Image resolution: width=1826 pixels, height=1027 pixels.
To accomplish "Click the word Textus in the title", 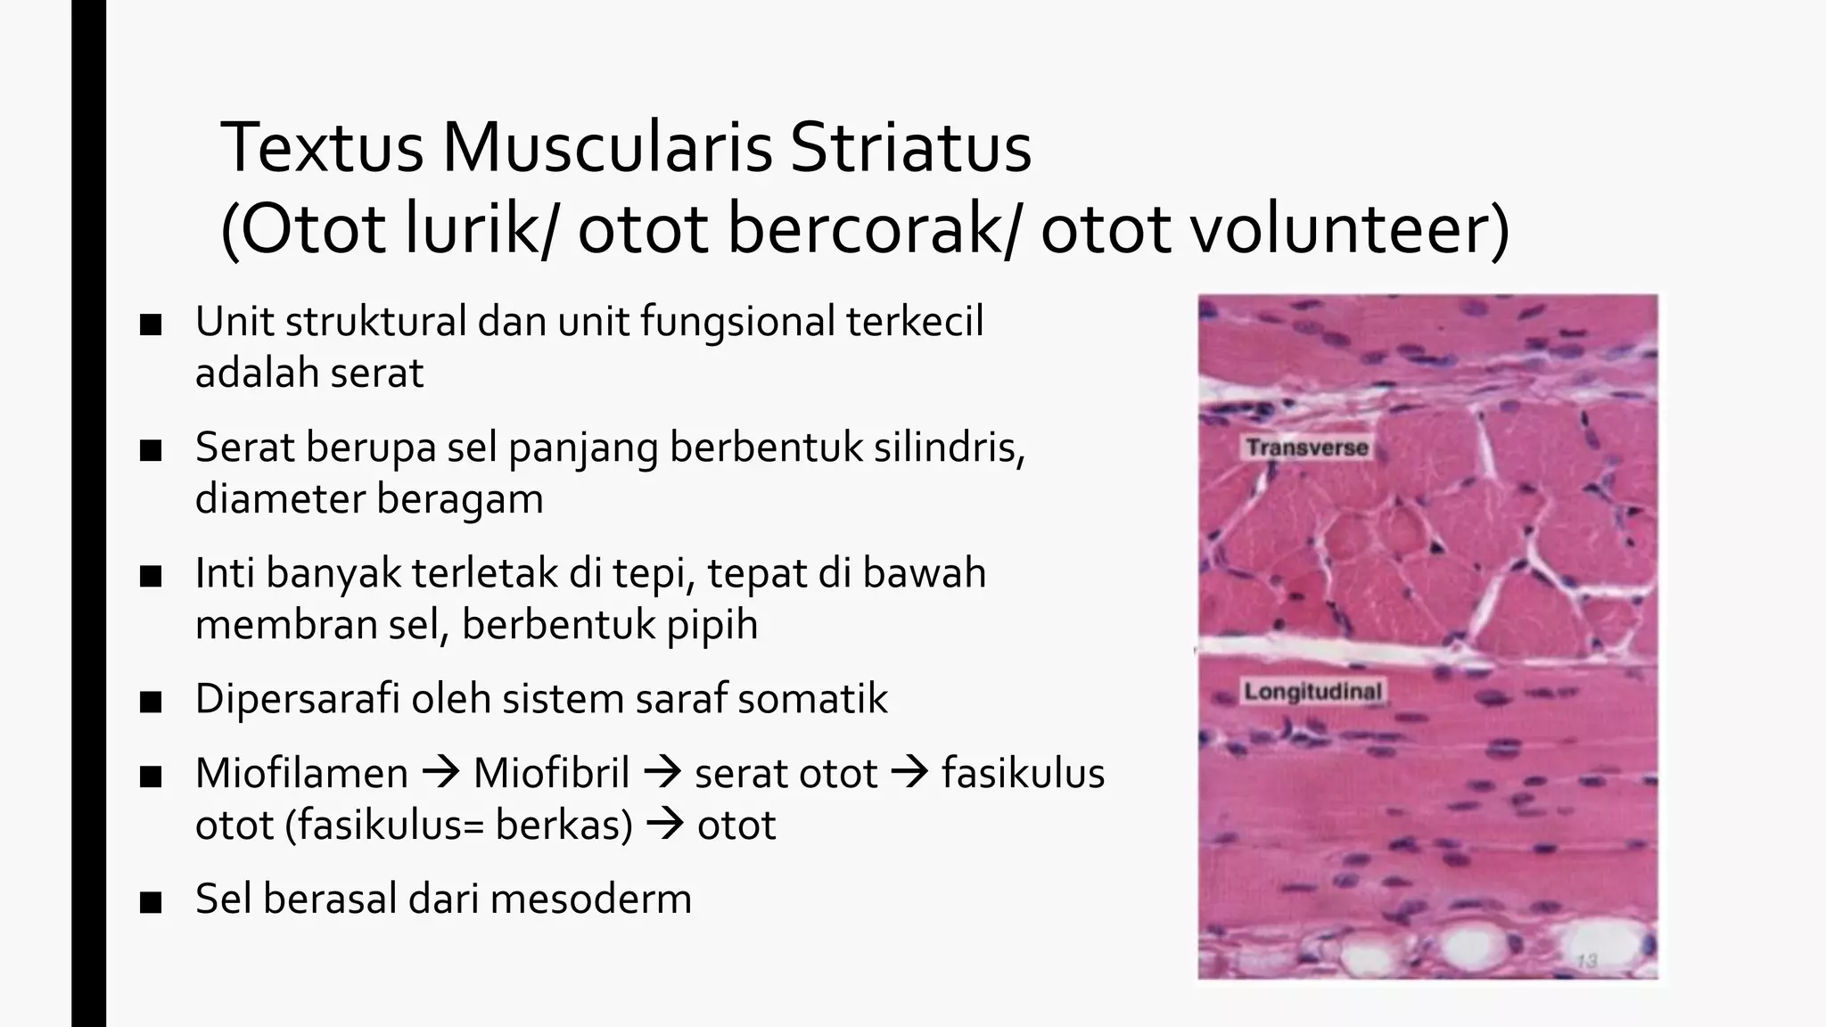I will [x=322, y=148].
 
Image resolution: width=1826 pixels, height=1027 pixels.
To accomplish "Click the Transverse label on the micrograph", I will [x=1306, y=448].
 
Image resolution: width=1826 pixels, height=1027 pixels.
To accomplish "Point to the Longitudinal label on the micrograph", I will [x=1312, y=691].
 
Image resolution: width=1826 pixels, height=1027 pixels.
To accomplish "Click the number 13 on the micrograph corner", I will [x=1586, y=960].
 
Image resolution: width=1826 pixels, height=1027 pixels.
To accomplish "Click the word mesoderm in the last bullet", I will [x=590, y=899].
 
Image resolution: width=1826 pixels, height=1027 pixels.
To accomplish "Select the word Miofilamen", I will [x=301, y=773].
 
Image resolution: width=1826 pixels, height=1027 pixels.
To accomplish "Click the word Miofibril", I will [x=551, y=773].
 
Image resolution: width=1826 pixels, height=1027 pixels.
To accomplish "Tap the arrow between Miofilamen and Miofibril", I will [x=440, y=773].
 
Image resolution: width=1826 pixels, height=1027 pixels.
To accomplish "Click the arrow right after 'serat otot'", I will [x=909, y=773].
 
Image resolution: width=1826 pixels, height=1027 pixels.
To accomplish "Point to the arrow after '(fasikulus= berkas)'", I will [x=664, y=825].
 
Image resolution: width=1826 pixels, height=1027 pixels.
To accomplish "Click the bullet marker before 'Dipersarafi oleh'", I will [x=151, y=702].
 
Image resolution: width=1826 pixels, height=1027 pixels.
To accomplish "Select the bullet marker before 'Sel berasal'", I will [x=151, y=902].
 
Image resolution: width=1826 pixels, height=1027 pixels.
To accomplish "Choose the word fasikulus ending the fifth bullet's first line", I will [x=1023, y=773].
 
